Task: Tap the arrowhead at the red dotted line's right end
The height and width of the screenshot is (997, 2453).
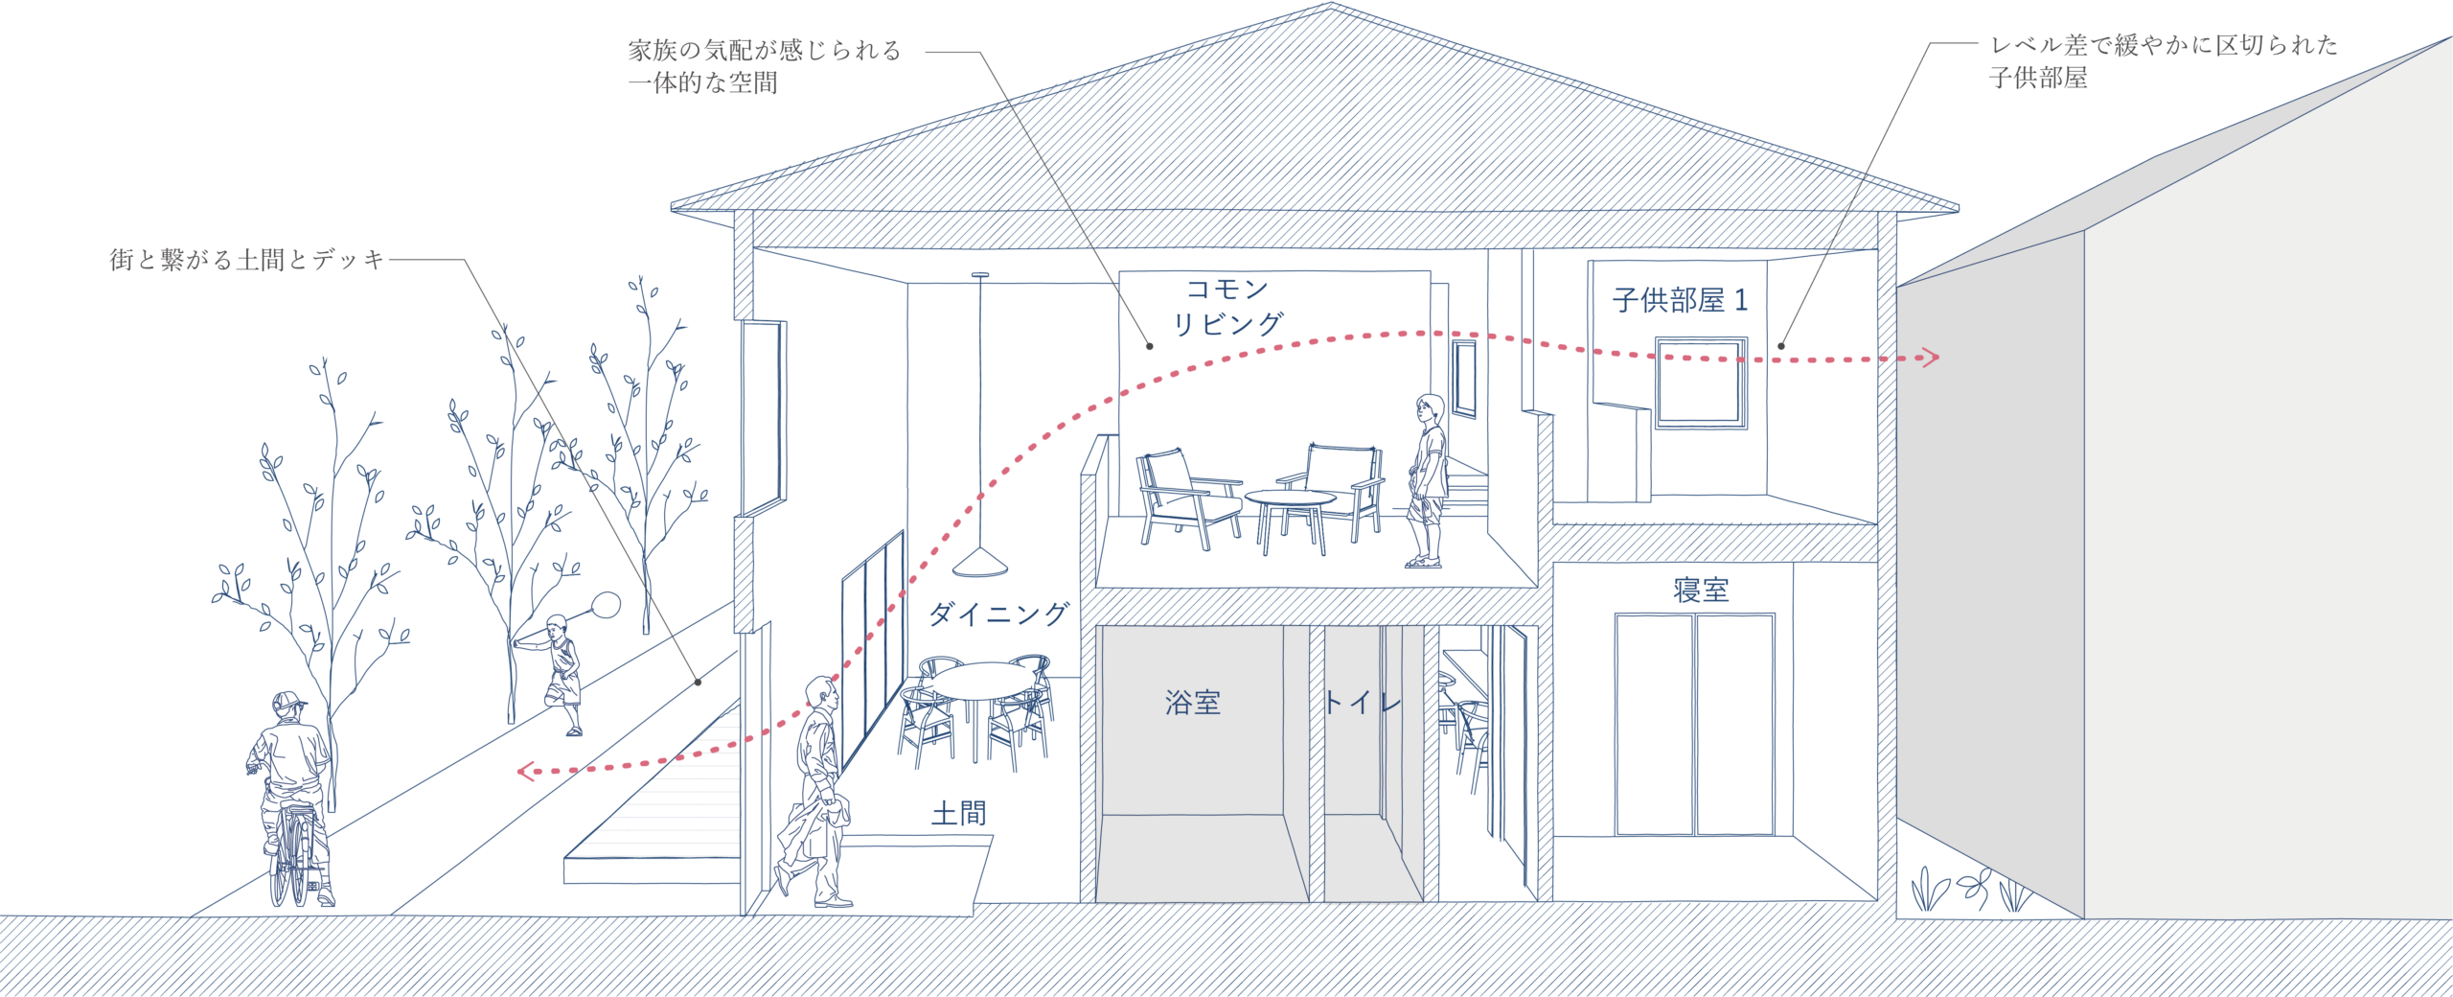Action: [1931, 358]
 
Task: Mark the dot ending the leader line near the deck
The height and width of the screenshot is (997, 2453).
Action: [699, 682]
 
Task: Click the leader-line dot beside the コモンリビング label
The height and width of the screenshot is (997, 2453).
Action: [1150, 346]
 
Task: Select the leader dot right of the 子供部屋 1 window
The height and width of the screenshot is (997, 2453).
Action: [1781, 346]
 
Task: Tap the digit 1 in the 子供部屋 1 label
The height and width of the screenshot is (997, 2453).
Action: [1741, 300]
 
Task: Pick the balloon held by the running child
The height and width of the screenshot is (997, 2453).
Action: [606, 605]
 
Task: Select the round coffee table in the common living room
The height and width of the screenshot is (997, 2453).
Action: [1291, 498]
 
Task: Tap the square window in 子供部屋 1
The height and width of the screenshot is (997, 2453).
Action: [1701, 382]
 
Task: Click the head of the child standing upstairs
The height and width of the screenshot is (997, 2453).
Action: [1430, 409]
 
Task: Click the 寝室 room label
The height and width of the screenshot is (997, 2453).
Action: [1701, 590]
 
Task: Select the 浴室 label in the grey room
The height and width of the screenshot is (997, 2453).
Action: [1193, 703]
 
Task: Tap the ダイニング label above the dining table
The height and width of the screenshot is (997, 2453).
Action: [998, 614]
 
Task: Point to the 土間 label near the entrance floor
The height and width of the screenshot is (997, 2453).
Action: [958, 814]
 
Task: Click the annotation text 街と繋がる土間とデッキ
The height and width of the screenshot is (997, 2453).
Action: [247, 259]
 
